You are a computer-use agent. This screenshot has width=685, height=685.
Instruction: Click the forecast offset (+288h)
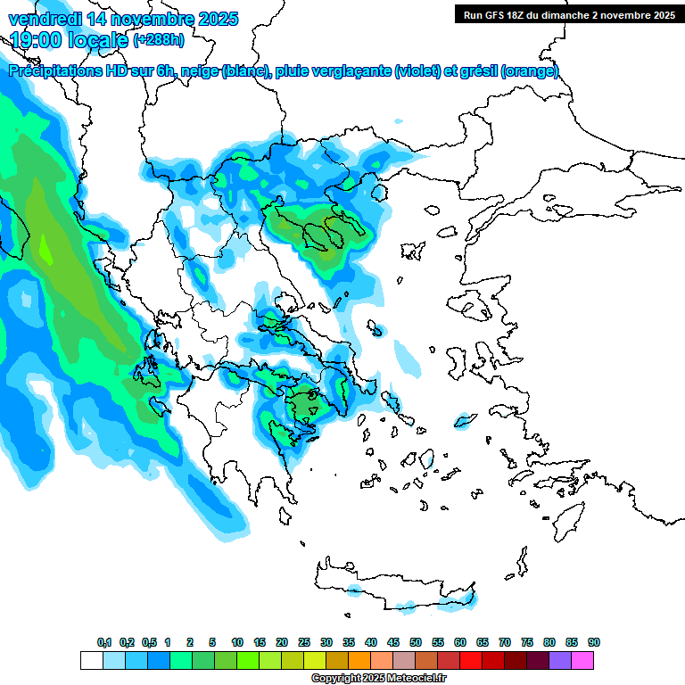click(x=160, y=40)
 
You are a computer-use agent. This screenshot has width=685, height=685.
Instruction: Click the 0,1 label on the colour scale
click(x=104, y=642)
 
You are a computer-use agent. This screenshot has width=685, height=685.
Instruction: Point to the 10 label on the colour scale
click(x=237, y=642)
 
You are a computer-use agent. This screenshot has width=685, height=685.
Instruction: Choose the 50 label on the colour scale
click(x=416, y=642)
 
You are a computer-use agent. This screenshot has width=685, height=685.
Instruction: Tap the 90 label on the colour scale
click(x=594, y=642)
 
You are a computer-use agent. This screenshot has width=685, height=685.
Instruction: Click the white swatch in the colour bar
click(x=91, y=660)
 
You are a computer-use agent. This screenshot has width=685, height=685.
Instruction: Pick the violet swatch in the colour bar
click(x=560, y=660)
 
